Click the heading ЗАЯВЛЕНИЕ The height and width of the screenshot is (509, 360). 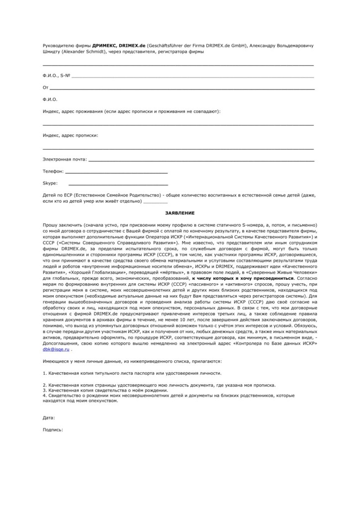click(x=180, y=212)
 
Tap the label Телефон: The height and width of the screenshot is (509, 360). click(x=53, y=171)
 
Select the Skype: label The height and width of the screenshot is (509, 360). click(x=50, y=183)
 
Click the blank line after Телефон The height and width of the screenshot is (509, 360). click(x=116, y=172)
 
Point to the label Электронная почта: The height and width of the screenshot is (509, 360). click(x=65, y=160)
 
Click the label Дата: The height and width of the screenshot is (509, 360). click(x=49, y=418)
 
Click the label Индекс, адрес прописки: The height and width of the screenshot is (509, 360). click(x=70, y=135)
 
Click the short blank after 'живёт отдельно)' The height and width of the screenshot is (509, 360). click(x=155, y=202)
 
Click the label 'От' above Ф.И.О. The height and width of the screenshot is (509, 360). click(x=46, y=87)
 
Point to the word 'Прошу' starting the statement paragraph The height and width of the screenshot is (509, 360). click(x=51, y=225)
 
